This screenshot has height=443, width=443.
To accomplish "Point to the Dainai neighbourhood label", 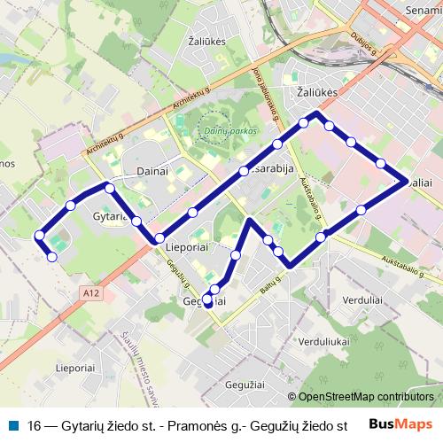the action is [x=152, y=168].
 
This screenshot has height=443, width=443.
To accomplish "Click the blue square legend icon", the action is [x=13, y=424].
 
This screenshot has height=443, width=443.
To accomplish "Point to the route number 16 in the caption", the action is [x=35, y=424].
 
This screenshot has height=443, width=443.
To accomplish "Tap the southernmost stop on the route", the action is [x=207, y=301].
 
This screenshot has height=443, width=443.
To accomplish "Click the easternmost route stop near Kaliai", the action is [x=404, y=182].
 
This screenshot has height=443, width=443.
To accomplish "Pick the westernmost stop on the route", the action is [x=38, y=236].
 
